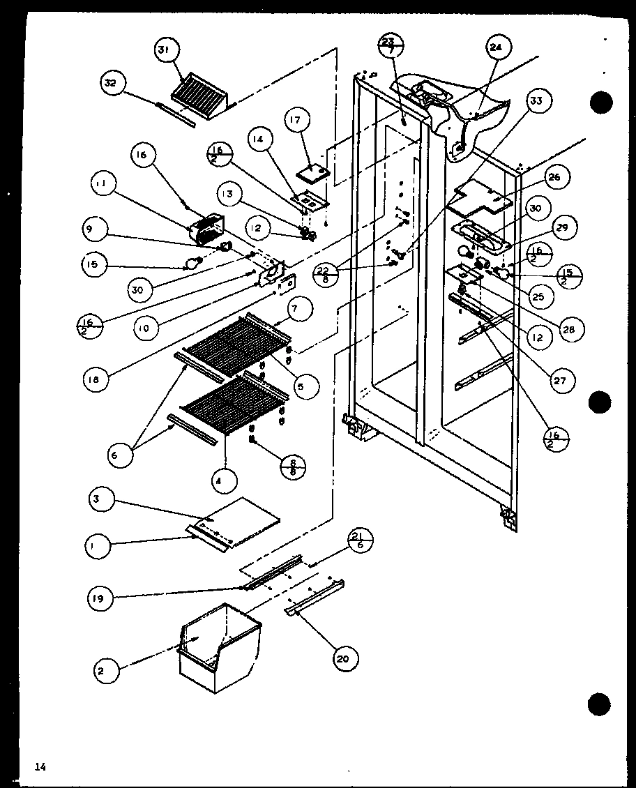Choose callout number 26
[x=554, y=177]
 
